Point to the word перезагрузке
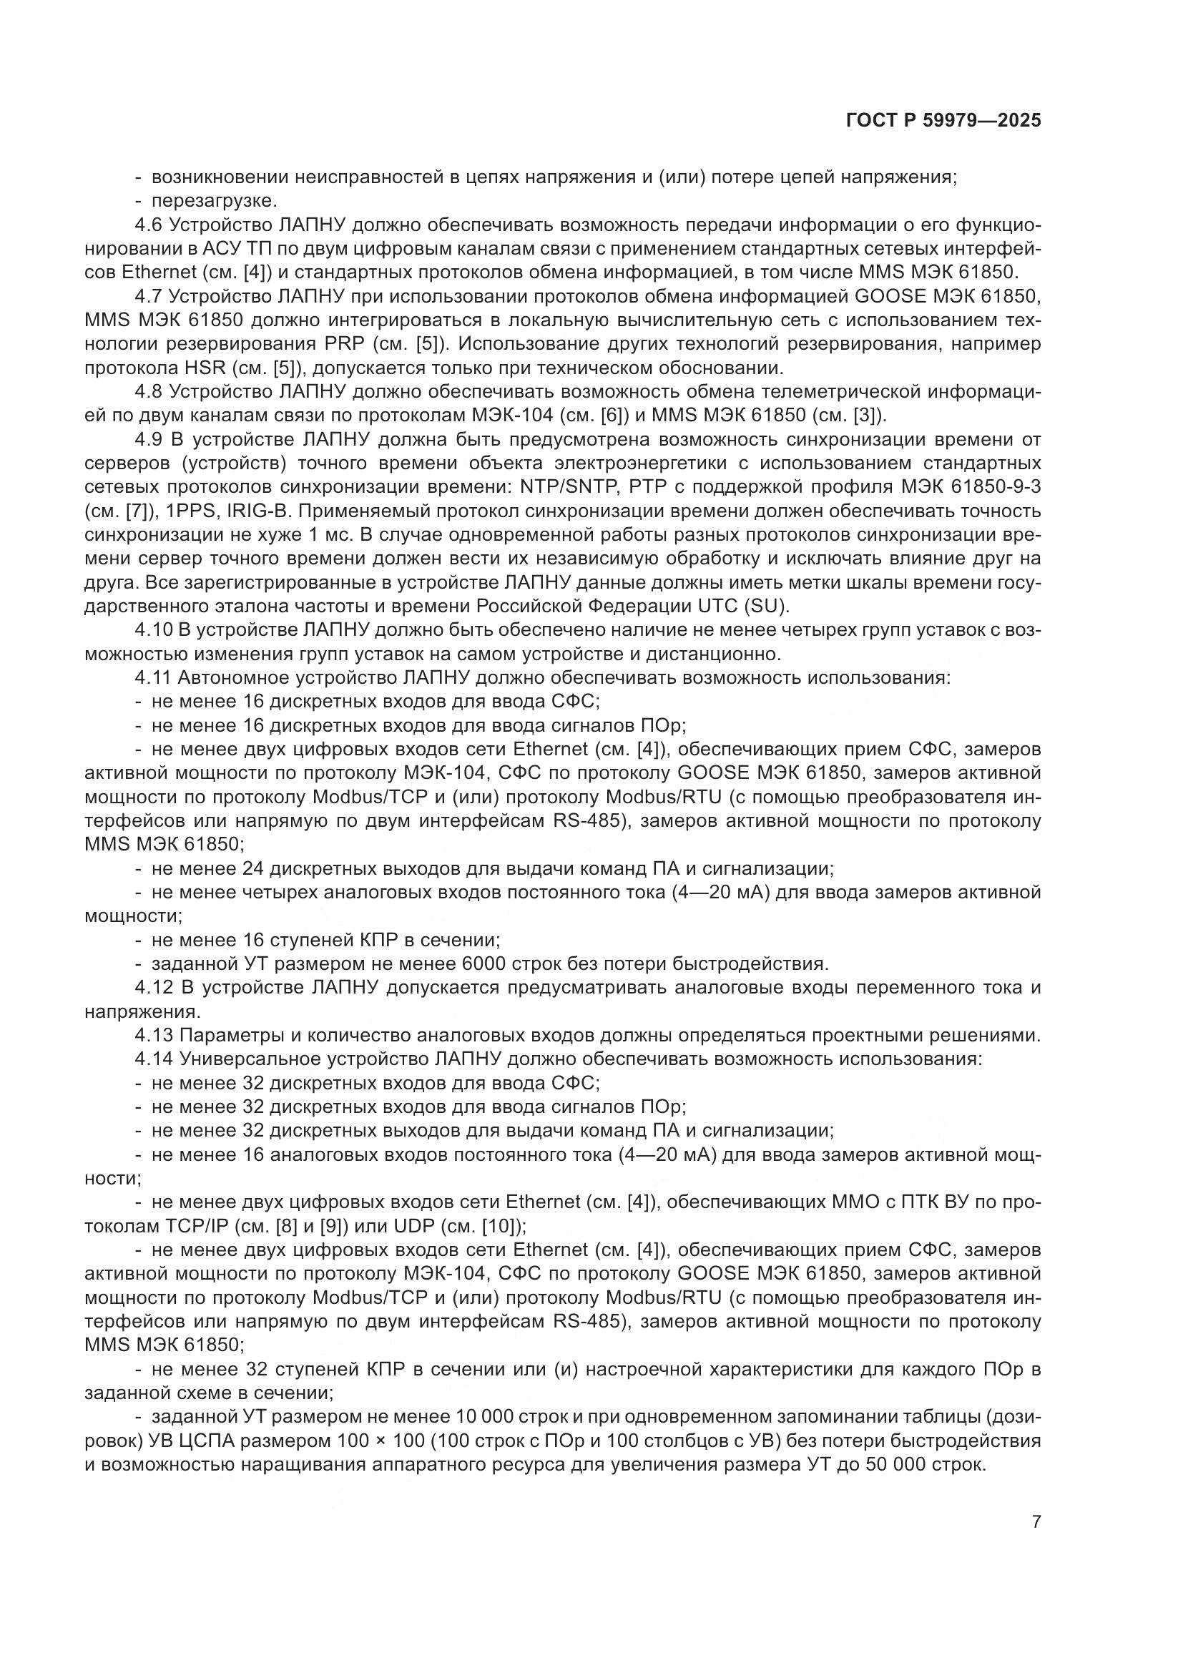[x=214, y=200]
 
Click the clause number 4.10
[x=153, y=630]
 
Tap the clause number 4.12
[x=153, y=988]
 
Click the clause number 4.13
[x=153, y=1036]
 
